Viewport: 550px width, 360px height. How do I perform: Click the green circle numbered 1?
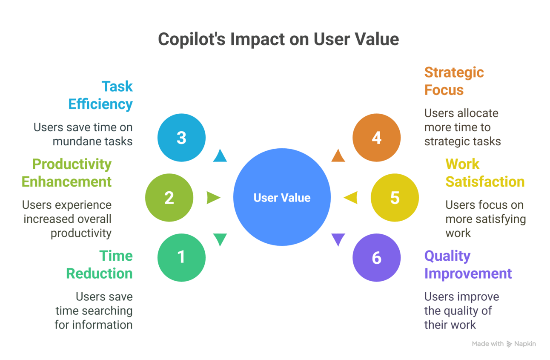click(181, 257)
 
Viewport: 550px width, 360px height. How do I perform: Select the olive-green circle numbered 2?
click(169, 198)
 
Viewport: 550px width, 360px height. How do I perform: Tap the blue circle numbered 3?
click(181, 138)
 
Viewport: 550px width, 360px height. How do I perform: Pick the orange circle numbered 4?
click(376, 138)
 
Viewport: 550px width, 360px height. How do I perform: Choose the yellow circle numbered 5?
click(395, 198)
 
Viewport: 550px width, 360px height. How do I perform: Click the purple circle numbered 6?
click(376, 257)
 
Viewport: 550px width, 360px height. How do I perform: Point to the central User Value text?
click(282, 198)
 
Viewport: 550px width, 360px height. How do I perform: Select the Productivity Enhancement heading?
click(67, 173)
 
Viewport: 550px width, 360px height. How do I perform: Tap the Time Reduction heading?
click(100, 264)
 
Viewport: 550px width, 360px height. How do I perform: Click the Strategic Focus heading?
click(454, 81)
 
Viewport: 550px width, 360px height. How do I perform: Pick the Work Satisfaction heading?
click(484, 173)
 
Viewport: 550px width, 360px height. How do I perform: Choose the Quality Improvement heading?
click(468, 264)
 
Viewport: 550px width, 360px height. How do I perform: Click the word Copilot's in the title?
click(191, 39)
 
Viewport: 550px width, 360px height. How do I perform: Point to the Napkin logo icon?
click(509, 344)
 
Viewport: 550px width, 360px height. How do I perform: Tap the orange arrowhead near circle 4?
click(338, 156)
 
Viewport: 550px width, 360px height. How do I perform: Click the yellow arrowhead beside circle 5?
click(350, 198)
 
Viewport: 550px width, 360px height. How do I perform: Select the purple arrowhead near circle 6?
click(338, 239)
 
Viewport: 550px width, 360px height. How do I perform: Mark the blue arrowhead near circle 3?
click(220, 156)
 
